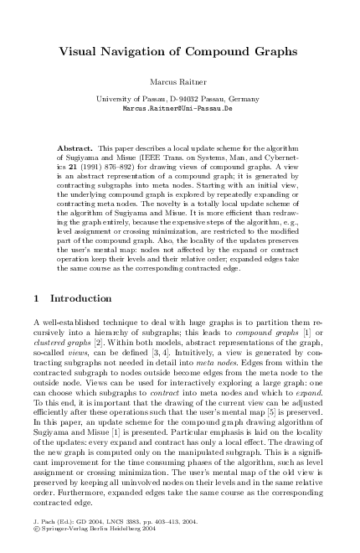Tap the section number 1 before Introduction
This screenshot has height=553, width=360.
pyautogui.click(x=33, y=297)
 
